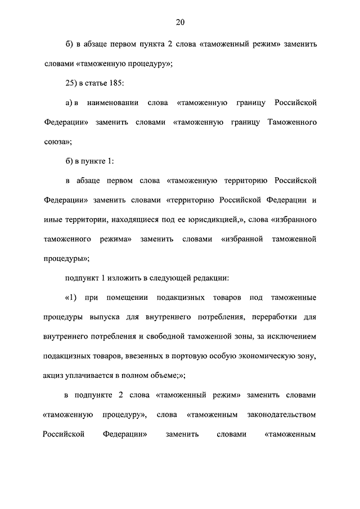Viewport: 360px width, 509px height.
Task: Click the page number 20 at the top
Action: (x=180, y=22)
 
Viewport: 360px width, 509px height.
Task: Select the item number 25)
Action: (x=73, y=84)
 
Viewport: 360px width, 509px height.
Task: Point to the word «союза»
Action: (x=56, y=142)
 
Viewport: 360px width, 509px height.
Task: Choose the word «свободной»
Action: (x=173, y=336)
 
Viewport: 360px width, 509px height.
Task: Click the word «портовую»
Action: (x=200, y=356)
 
